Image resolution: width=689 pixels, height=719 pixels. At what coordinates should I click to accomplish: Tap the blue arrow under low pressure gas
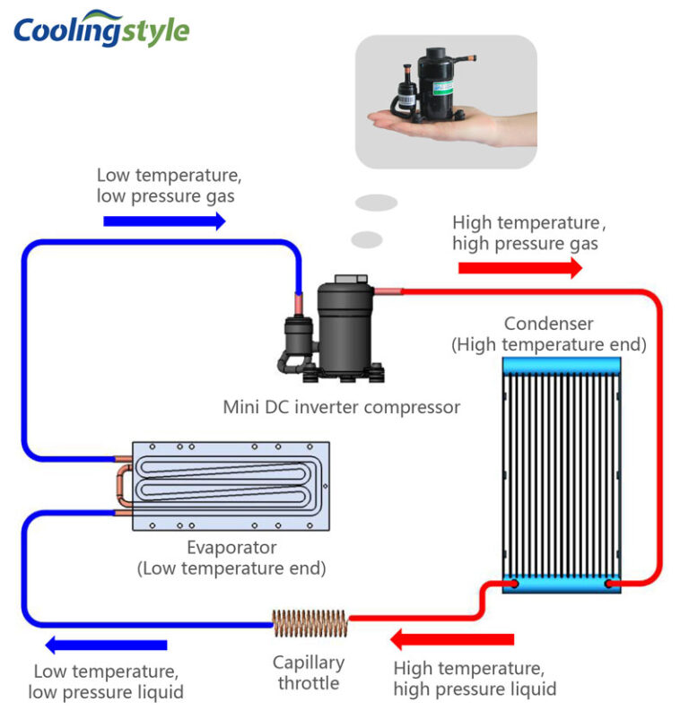pyautogui.click(x=164, y=221)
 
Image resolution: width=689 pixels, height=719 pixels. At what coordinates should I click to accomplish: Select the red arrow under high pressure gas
pyautogui.click(x=519, y=267)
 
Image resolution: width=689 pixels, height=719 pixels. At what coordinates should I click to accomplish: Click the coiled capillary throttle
pyautogui.click(x=310, y=619)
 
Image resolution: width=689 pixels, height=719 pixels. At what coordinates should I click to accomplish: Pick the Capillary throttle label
pyautogui.click(x=309, y=673)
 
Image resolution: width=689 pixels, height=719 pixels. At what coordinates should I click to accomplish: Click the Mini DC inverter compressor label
pyautogui.click(x=341, y=407)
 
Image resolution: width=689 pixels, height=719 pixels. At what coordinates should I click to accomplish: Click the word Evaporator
pyautogui.click(x=231, y=547)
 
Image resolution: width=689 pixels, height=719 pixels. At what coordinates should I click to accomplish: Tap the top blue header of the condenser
pyautogui.click(x=561, y=365)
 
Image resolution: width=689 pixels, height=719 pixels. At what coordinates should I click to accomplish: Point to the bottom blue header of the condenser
pyautogui.click(x=561, y=584)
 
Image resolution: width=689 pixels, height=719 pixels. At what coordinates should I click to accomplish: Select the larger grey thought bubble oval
pyautogui.click(x=376, y=203)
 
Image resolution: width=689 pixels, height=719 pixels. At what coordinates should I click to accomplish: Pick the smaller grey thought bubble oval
pyautogui.click(x=367, y=239)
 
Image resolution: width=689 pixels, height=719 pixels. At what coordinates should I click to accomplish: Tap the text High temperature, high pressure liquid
pyautogui.click(x=474, y=679)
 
